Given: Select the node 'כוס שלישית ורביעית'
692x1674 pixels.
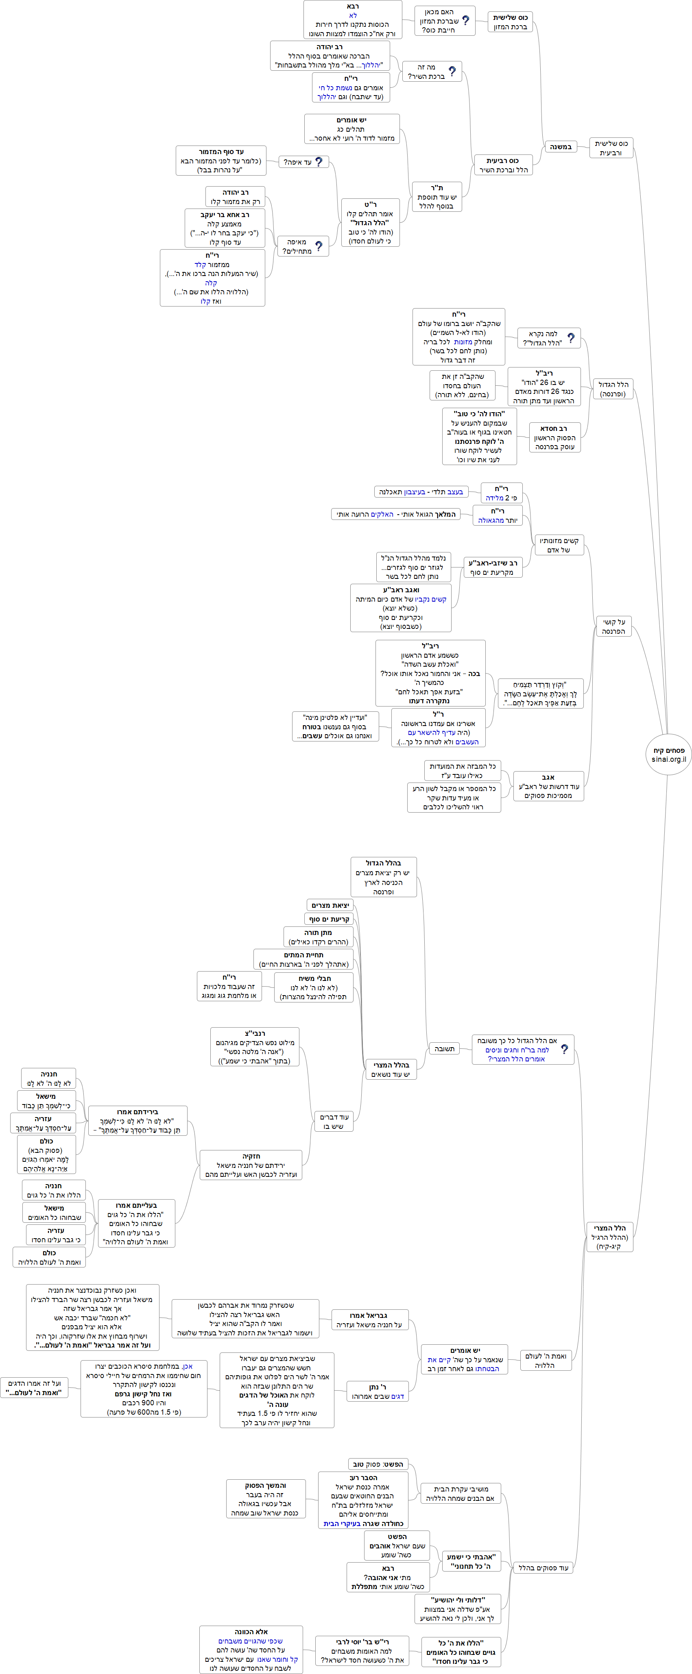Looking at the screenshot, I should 611,148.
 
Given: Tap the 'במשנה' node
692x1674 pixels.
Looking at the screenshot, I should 560,147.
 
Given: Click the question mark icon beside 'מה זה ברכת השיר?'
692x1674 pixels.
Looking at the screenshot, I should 452,71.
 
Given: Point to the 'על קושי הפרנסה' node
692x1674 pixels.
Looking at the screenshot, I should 613,626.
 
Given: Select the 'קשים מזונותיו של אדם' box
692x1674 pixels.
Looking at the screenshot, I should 559,545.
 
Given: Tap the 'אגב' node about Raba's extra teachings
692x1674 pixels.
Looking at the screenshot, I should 548,786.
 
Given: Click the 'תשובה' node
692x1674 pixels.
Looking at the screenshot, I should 444,1048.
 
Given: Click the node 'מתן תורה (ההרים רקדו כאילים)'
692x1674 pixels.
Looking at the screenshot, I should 318,937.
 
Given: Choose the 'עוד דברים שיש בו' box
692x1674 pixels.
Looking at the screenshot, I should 334,1121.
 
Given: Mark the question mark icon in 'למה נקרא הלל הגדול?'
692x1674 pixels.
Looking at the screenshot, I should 570,338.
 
